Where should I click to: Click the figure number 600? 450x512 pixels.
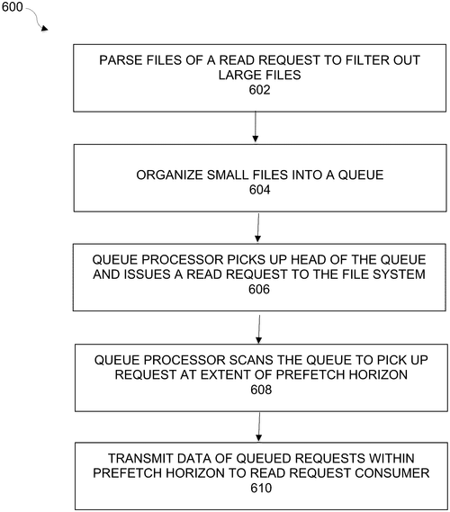[12, 6]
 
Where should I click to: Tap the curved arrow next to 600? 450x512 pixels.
[38, 20]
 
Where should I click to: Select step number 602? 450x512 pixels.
[259, 90]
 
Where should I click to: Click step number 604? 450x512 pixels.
[259, 190]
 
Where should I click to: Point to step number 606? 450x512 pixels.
[259, 290]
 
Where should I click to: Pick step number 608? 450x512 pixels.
[261, 390]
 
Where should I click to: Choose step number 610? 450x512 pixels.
[261, 489]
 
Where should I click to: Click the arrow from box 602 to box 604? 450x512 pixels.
[256, 127]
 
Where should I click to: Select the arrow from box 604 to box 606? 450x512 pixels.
[258, 228]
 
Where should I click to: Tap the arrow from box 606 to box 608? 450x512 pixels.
[259, 329]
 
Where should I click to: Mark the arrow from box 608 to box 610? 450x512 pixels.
[259, 427]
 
